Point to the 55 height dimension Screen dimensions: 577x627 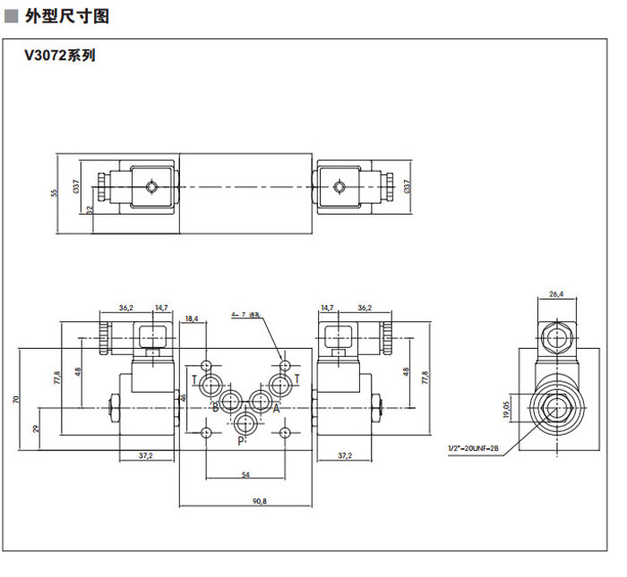pos(53,192)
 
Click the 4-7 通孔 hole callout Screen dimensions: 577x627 pos(245,315)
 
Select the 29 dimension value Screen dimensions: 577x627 pos(36,429)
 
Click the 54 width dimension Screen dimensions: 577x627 pos(245,475)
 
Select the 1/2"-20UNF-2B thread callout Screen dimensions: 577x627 pos(475,447)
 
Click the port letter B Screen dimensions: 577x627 pos(214,408)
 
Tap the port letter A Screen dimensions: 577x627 pos(276,408)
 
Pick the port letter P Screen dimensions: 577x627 pos(239,440)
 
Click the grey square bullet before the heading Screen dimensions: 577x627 pos(12,16)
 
